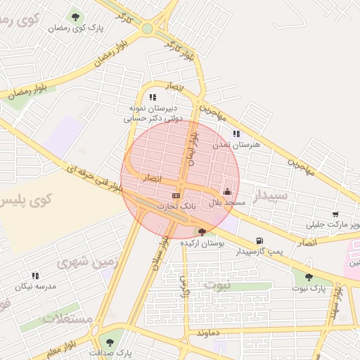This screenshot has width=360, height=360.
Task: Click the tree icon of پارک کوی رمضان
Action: coord(75,16)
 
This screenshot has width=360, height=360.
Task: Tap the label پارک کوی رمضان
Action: coord(77,29)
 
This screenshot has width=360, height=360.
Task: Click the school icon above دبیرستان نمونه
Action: coord(153,97)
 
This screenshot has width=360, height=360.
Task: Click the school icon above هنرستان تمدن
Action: coord(236,134)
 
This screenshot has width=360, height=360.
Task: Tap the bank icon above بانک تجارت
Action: coord(176,195)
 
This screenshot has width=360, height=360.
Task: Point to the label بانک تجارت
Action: coord(174,207)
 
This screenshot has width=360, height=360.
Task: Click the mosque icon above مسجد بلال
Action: coord(227,191)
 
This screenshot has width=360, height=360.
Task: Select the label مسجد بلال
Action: coord(227,202)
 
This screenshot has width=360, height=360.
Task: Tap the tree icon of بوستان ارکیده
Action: coord(202,231)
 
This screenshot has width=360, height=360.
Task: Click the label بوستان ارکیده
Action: coord(202,243)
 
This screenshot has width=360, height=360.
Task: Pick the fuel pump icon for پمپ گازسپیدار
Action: coord(261,240)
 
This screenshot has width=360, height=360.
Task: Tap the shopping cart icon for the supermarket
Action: coord(335,214)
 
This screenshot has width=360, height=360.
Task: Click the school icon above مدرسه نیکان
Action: coord(35,276)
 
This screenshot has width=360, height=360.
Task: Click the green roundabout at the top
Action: coord(147,29)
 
